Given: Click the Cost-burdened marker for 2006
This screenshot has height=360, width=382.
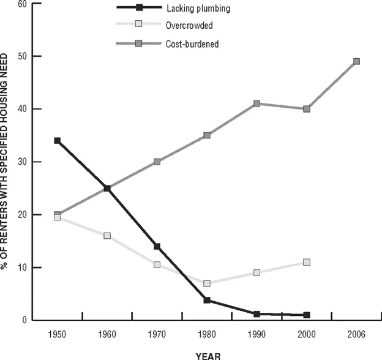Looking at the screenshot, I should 356,61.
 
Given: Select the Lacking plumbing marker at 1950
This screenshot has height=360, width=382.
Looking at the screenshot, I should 57,141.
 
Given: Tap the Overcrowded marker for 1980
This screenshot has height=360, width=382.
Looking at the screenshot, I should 207,283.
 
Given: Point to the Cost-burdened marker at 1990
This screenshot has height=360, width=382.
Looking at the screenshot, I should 257,103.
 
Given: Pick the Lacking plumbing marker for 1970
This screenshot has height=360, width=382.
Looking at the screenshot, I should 157,246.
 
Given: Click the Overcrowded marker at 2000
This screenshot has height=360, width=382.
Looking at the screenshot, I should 307,262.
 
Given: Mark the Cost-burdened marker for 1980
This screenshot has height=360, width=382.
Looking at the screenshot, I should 207,135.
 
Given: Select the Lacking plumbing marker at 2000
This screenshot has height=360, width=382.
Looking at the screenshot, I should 307,315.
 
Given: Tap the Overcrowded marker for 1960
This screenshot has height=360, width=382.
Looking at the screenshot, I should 107,236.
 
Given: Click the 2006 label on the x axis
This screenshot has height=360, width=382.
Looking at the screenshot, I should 356,334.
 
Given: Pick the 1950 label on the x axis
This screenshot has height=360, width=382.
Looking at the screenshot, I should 57,334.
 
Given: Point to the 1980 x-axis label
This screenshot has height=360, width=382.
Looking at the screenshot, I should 207,334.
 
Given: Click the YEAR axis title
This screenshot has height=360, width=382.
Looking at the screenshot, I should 207,354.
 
